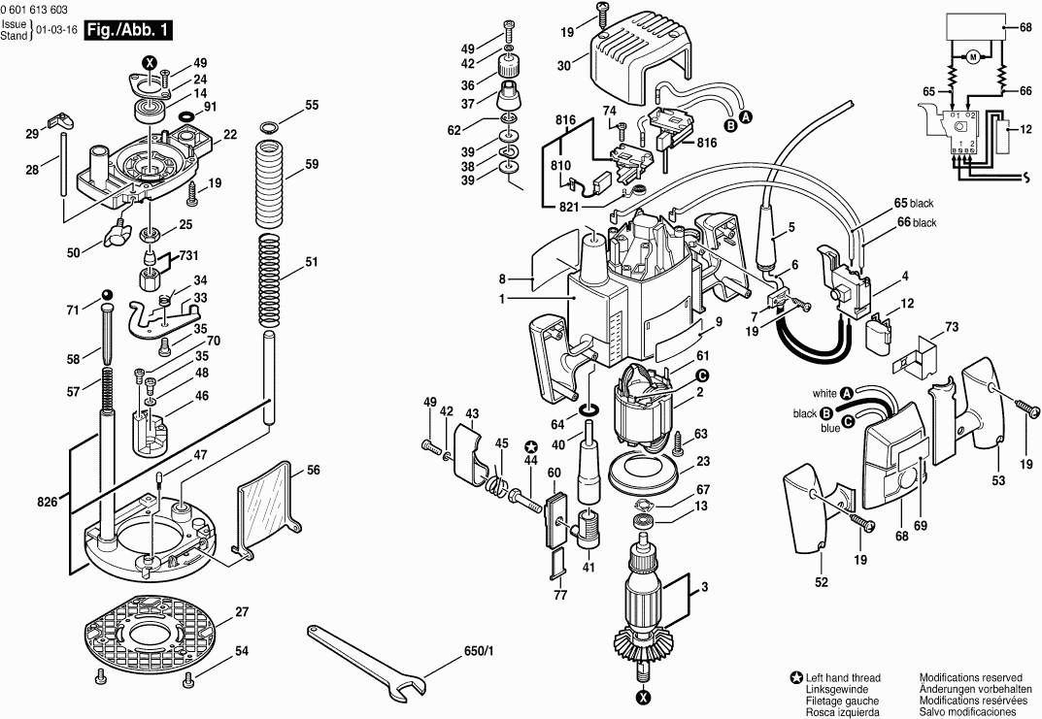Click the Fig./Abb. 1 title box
pyautogui.click(x=127, y=30)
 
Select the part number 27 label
pyautogui.click(x=242, y=611)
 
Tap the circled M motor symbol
pyautogui.click(x=973, y=58)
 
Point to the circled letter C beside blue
pyautogui.click(x=847, y=421)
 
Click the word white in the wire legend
pyautogui.click(x=824, y=393)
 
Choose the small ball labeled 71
pyautogui.click(x=107, y=294)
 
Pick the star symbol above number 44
pyautogui.click(x=530, y=446)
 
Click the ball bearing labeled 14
pyautogui.click(x=151, y=110)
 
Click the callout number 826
pyautogui.click(x=48, y=503)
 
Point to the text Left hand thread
pyautogui.click(x=843, y=678)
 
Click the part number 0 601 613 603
pyautogui.click(x=35, y=11)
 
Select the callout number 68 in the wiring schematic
pyautogui.click(x=1025, y=28)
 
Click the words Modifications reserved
pyautogui.click(x=970, y=678)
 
